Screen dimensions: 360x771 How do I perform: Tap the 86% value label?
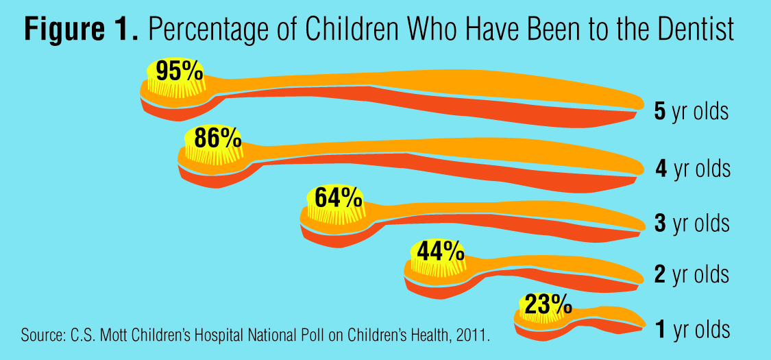217,138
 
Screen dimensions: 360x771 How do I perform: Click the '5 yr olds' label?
691,112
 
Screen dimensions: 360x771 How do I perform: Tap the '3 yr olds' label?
692,224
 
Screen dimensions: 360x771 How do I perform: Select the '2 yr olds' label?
692,275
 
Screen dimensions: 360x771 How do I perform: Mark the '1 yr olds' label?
692,330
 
